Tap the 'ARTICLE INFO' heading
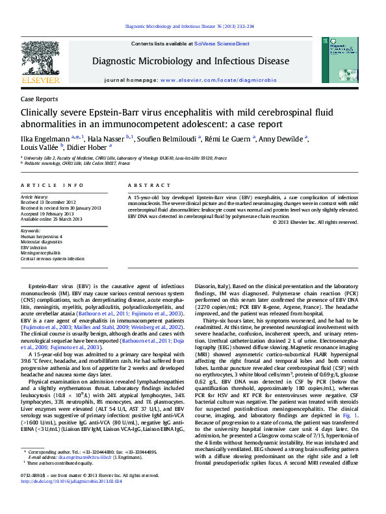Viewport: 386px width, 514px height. [x=44, y=185]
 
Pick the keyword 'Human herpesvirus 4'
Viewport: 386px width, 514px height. [x=42, y=237]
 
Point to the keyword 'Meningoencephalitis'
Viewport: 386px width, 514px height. [x=43, y=253]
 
